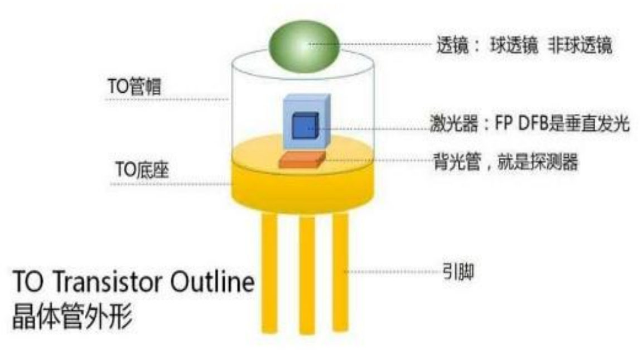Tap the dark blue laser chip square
(x=306, y=126)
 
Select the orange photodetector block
(x=302, y=159)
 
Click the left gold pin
(x=269, y=272)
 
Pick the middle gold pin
(x=307, y=275)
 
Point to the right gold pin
(x=340, y=271)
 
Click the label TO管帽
(x=134, y=87)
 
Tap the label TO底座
(x=142, y=170)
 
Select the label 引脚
(x=458, y=272)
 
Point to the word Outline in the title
(x=212, y=282)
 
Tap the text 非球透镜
(x=580, y=45)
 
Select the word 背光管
(x=456, y=161)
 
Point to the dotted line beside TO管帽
(x=167, y=99)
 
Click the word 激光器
(x=453, y=123)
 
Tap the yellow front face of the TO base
(x=303, y=189)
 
